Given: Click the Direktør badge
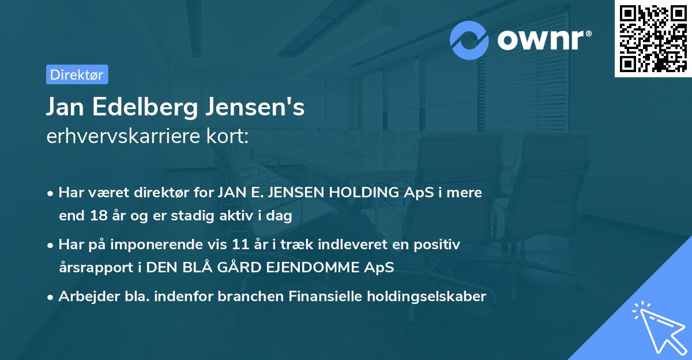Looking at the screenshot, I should pyautogui.click(x=77, y=75).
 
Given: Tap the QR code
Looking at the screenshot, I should pyautogui.click(x=653, y=38).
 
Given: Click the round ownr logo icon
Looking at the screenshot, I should pyautogui.click(x=469, y=40).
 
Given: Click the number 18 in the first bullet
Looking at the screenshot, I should pyautogui.click(x=97, y=216).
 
